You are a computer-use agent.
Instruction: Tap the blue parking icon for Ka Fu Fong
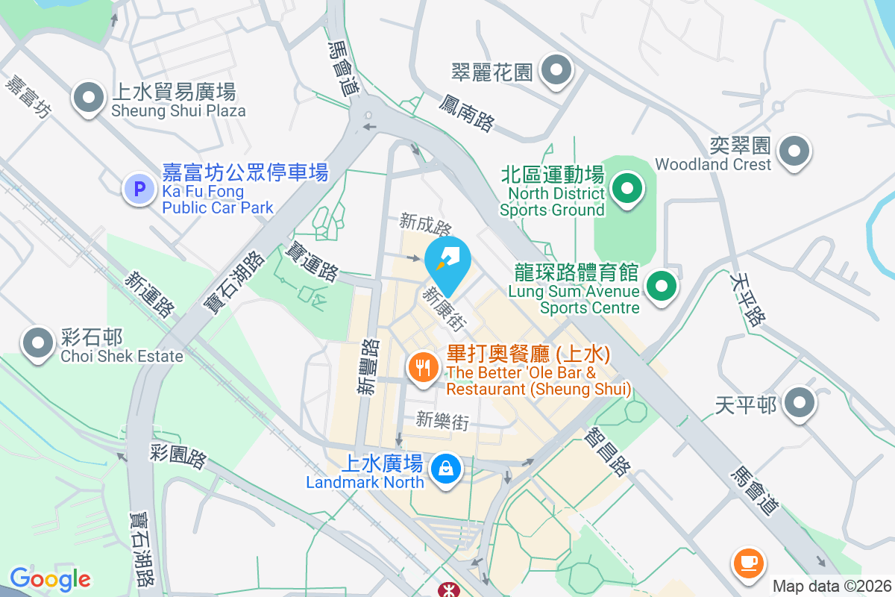[x=139, y=189]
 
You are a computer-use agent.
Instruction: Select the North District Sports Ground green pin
[x=627, y=188]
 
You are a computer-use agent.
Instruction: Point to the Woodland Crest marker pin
[x=794, y=151]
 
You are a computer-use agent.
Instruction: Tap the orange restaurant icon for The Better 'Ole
[x=424, y=366]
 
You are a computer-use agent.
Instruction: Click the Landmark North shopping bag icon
[x=445, y=469]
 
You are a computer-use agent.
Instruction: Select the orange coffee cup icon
[x=748, y=561]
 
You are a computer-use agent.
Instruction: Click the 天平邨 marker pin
[x=800, y=403]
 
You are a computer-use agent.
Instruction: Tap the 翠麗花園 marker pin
[x=556, y=72]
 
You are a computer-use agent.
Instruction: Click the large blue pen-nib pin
[x=447, y=261]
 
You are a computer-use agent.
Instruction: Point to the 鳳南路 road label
[x=467, y=112]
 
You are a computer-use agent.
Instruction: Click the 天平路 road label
[x=748, y=298]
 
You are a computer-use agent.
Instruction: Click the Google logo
[x=50, y=578]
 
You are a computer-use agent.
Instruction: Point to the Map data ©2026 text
[x=832, y=586]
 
